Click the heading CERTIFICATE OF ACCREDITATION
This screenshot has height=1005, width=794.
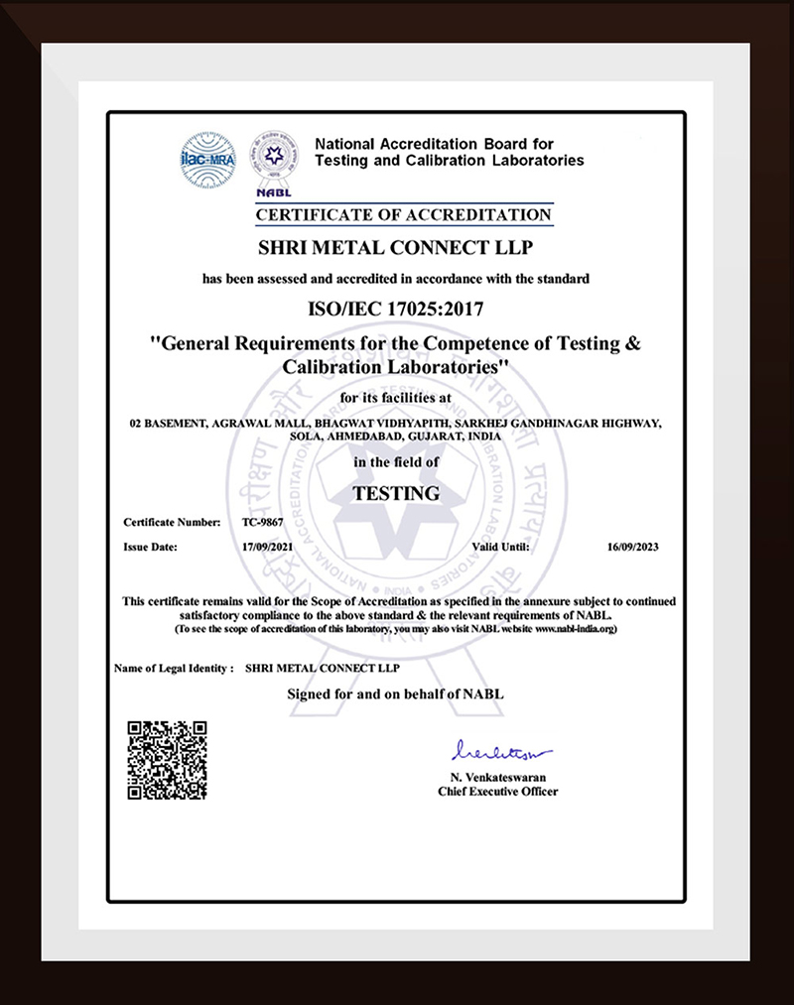click(x=403, y=214)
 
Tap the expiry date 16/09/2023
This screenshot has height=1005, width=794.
click(x=632, y=547)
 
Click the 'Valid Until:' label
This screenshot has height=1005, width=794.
click(x=501, y=547)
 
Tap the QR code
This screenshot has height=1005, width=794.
click(x=167, y=760)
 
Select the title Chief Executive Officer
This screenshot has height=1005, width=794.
click(x=497, y=792)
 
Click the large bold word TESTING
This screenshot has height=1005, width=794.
click(x=396, y=491)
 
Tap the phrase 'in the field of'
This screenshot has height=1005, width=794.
click(x=396, y=462)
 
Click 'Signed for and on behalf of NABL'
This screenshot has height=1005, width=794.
click(x=396, y=693)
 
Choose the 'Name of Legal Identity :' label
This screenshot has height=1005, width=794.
click(x=174, y=668)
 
